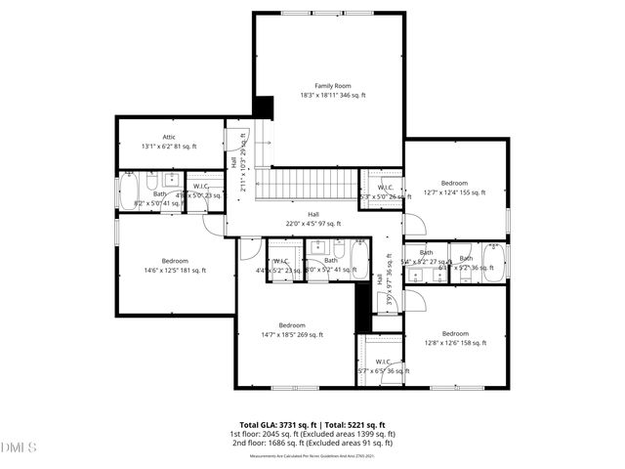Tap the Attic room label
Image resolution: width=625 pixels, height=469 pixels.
[168, 137]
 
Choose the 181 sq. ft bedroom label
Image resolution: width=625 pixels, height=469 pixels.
[175, 261]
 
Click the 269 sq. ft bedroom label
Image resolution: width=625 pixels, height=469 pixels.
[291, 325]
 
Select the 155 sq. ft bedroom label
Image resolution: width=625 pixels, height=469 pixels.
[453, 183]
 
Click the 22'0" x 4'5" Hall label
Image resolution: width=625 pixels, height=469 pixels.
[312, 214]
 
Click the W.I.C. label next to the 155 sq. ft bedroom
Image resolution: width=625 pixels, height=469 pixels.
[384, 187]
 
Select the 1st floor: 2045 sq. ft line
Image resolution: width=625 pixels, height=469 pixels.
[312, 434]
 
